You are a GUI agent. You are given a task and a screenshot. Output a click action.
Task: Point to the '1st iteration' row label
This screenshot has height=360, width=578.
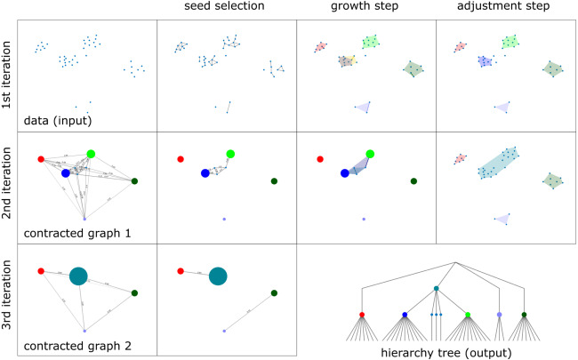tap(8, 76)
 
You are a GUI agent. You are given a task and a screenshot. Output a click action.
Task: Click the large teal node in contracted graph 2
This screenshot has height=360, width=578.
tap(77, 276)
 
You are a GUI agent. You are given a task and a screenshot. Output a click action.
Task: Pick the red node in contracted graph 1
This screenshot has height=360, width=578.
tap(40, 159)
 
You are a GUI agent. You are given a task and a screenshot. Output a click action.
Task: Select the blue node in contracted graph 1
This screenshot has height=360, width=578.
tap(65, 173)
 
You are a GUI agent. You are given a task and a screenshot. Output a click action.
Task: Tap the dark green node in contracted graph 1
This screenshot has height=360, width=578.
tap(134, 181)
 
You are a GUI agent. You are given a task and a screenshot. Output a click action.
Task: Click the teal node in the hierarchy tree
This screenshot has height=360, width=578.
tap(436, 289)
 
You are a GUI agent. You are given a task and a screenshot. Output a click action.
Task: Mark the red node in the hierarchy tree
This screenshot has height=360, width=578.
tap(361, 315)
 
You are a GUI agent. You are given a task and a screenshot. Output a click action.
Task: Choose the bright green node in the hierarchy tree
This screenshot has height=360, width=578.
tap(468, 315)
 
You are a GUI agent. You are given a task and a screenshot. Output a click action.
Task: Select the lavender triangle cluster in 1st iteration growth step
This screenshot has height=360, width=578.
tap(362, 106)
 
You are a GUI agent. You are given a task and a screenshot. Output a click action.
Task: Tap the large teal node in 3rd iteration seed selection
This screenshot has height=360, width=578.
tap(218, 276)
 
